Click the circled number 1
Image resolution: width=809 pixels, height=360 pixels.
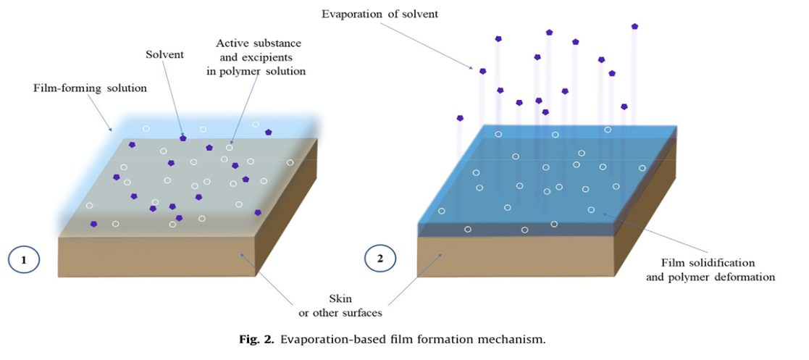24,259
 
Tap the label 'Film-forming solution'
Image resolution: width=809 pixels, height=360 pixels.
90,88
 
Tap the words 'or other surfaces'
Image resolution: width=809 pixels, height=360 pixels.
340,312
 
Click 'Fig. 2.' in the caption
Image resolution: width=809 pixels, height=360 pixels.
259,339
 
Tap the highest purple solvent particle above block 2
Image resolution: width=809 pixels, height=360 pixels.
634,26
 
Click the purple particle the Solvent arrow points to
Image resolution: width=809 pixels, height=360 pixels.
183,137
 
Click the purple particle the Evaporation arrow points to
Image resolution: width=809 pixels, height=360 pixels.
482,71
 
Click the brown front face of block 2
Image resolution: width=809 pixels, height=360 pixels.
514,256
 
